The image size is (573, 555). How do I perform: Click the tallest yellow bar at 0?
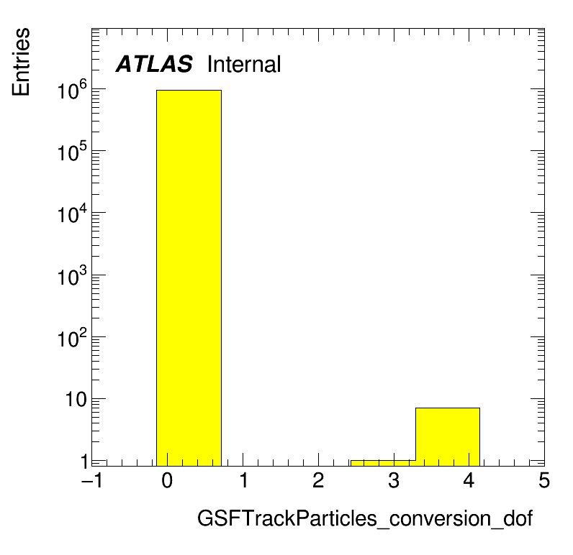point(189,277)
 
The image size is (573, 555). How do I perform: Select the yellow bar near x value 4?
point(448,437)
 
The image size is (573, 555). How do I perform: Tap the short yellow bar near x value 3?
point(383,463)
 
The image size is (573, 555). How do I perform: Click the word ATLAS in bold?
point(154,64)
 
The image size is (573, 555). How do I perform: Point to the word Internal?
point(244,64)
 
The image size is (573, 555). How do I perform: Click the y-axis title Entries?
point(21,62)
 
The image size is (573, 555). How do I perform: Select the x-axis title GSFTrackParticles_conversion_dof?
point(365,518)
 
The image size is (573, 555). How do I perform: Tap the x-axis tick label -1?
point(91,480)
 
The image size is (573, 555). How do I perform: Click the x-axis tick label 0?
point(167,480)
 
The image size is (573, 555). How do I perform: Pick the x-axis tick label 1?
point(244,480)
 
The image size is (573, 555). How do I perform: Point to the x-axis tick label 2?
point(318,480)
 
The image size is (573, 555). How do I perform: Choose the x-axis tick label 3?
point(394,480)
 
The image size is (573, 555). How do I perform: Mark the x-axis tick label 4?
point(469,480)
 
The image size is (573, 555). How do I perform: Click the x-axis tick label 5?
point(544,480)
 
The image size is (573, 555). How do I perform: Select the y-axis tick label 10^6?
point(73,90)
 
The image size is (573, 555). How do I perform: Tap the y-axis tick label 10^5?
point(73,152)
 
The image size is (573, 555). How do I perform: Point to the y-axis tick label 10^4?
point(73,214)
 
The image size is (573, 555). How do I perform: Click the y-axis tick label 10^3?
point(73,276)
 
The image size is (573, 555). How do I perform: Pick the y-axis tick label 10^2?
point(73,339)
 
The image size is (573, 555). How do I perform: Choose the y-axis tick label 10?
point(76,400)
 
